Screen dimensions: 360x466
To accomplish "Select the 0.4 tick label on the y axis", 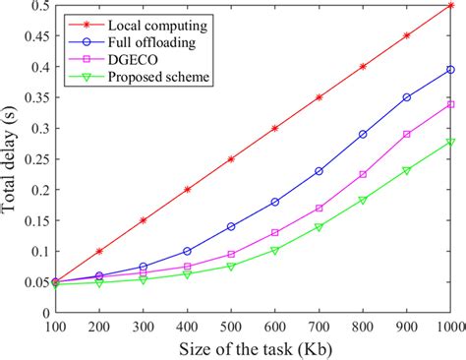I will point(30,67).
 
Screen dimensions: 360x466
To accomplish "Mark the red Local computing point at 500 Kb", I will point(231,158).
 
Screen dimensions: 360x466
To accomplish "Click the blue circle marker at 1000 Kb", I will point(450,70).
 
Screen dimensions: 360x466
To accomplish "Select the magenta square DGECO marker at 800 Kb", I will point(363,174).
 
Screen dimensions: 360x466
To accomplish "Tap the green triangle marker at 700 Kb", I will point(319,227).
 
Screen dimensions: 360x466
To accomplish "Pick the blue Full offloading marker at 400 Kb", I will point(187,251).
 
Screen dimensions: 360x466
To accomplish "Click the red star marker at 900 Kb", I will point(407,35).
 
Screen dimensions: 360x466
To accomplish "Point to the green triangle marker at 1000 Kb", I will point(450,143).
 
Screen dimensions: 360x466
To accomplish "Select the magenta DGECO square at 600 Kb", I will point(274,233).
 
